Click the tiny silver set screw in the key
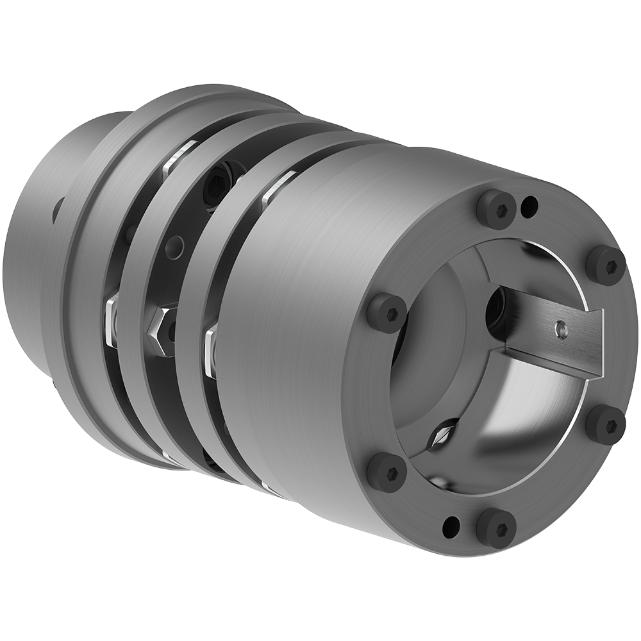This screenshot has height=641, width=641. point(562,329)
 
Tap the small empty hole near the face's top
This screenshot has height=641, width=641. point(529,206)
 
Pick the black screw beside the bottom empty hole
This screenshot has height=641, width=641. point(495,528)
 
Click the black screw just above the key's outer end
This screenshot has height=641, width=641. point(605,265)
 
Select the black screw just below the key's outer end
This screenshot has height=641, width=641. point(606,424)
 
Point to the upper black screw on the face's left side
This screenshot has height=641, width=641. point(387,313)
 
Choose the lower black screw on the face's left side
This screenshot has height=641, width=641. point(387,473)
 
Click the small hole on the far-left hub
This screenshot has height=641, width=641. point(59,209)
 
